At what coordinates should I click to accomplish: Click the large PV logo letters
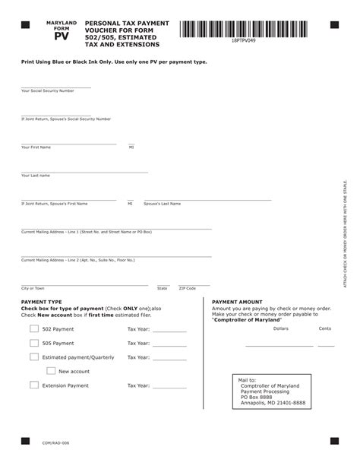(x=62, y=35)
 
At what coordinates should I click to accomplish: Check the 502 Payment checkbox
(x=34, y=328)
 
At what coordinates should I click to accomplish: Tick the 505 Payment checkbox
(x=34, y=343)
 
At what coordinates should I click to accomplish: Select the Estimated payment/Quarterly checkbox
(x=34, y=357)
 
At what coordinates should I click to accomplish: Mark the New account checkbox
(x=51, y=371)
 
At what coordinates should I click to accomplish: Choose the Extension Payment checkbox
(x=34, y=385)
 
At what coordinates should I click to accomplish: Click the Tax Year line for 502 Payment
(x=169, y=330)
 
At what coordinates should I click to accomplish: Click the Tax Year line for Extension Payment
(x=169, y=387)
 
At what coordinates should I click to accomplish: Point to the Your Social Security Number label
(x=48, y=90)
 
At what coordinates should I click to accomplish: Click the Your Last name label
(x=36, y=175)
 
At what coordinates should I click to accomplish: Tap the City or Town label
(x=33, y=288)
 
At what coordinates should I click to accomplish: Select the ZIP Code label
(x=187, y=288)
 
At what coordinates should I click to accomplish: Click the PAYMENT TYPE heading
(x=42, y=302)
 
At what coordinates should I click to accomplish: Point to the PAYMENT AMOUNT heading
(x=237, y=302)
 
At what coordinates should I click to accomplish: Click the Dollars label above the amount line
(x=280, y=328)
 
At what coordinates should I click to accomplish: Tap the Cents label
(x=325, y=328)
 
